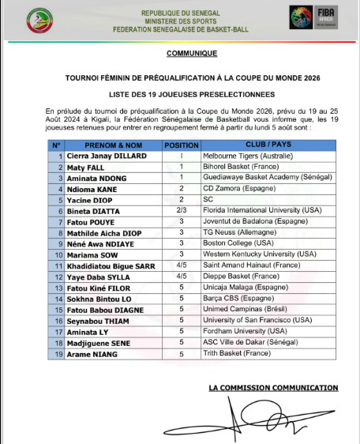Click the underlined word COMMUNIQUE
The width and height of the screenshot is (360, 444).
(x=191, y=54)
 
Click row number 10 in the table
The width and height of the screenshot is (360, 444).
(x=56, y=255)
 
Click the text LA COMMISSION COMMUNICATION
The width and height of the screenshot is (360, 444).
(x=273, y=388)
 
